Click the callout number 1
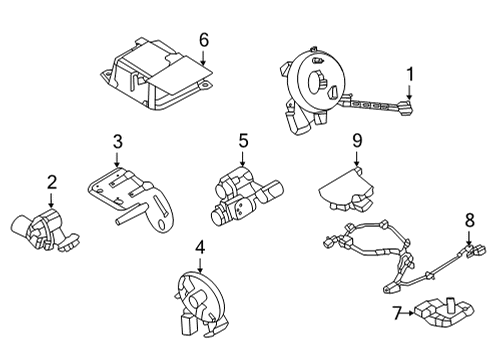click(x=409, y=73)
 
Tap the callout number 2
click(x=51, y=183)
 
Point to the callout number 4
click(x=200, y=246)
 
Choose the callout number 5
click(x=242, y=142)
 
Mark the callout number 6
click(x=203, y=41)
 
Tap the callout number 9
click(x=355, y=143)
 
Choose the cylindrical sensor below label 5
click(x=239, y=194)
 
